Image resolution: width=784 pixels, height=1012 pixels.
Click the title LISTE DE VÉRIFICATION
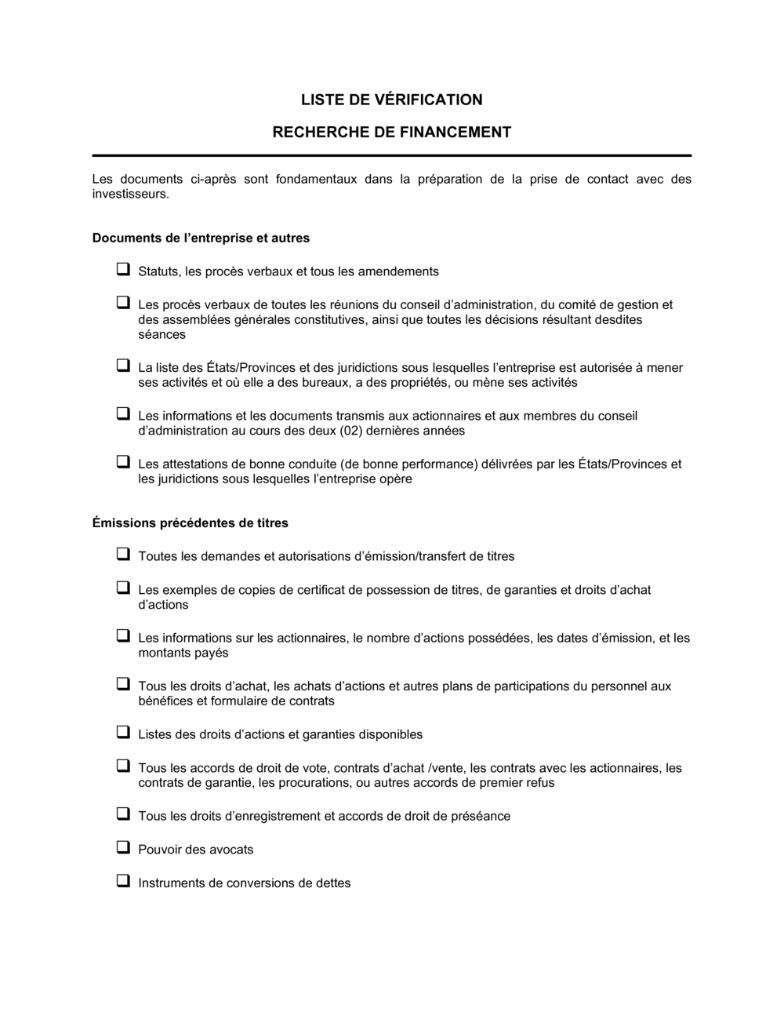[391, 100]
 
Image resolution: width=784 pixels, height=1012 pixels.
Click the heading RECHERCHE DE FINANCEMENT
[391, 133]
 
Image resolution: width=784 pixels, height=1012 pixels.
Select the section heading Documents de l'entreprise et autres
[201, 238]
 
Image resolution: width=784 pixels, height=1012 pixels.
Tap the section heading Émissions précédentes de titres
[190, 522]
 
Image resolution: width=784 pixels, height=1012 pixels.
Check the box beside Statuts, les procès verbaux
[123, 270]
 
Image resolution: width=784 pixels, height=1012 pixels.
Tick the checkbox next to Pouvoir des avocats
[123, 847]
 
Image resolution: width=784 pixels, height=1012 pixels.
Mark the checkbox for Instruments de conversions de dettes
[123, 881]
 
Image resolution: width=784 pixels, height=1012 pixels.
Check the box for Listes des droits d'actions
[123, 733]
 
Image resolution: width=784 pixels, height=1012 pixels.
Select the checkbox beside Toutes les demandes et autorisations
[123, 555]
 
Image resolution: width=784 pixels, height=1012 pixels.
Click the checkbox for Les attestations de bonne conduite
[123, 462]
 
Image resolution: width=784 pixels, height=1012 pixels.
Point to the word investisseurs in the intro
[129, 194]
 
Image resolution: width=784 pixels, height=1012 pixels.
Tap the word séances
[162, 335]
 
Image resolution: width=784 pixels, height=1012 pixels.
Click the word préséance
[481, 817]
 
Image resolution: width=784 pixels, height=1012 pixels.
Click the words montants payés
[183, 653]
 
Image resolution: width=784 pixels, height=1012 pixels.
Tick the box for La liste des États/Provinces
[123, 366]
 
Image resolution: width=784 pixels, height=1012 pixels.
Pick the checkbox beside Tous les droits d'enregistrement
[123, 814]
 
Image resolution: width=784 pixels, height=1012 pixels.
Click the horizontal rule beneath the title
[391, 155]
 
